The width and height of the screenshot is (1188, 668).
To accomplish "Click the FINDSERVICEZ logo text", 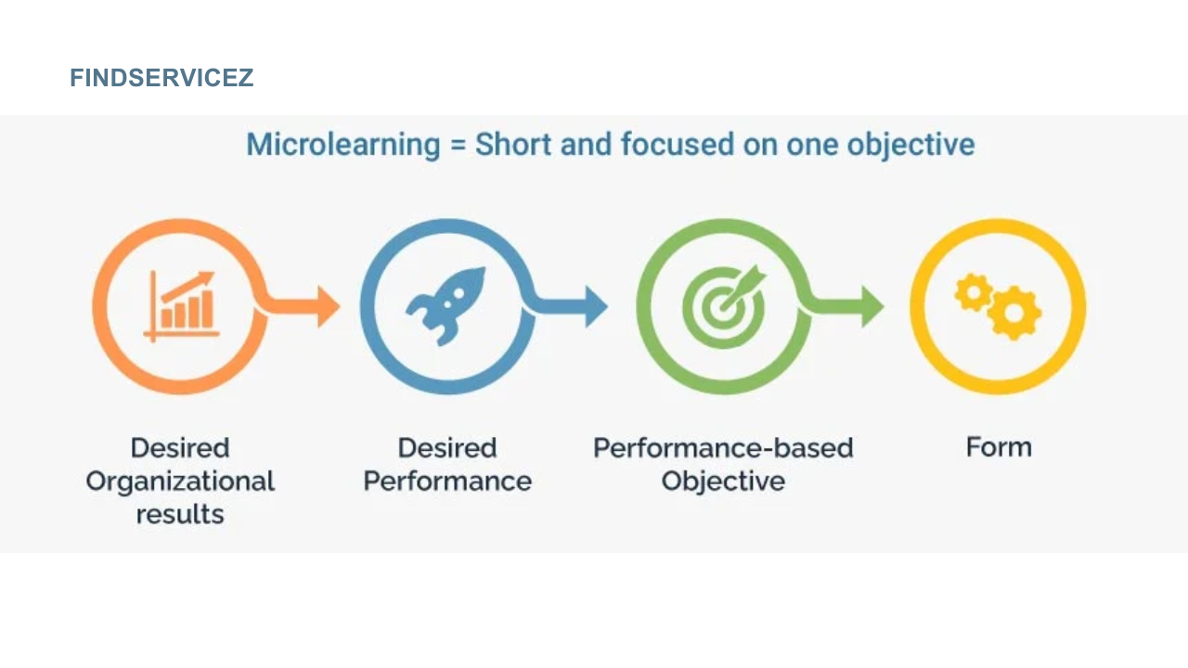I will coord(161,78).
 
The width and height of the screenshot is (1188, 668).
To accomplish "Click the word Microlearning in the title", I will coord(343,145).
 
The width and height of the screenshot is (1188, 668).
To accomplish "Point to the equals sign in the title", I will coord(458,146).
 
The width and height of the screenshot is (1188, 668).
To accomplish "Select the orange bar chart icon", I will coord(182,305).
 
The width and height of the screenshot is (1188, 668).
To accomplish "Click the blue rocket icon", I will coord(446,305).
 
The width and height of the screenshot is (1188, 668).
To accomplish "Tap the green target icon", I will coord(724,304).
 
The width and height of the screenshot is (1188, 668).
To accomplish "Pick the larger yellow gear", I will coord(1014,314).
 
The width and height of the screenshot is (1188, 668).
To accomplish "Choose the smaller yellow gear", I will coord(972,292).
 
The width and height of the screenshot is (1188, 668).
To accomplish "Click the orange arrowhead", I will coord(328,306).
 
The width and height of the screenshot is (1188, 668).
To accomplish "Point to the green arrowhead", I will coord(872,306).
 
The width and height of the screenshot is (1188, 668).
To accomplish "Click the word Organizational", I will coord(180,482).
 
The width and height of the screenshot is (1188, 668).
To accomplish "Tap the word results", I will coord(180,514).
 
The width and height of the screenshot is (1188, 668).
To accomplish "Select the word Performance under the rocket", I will coord(447,482).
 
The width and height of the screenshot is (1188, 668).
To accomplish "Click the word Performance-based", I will coord(723,448).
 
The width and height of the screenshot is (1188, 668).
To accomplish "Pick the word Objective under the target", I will coord(723,482).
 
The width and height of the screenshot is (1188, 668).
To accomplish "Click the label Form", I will coord(999,447).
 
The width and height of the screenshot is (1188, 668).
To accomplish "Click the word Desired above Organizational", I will coord(180,448).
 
